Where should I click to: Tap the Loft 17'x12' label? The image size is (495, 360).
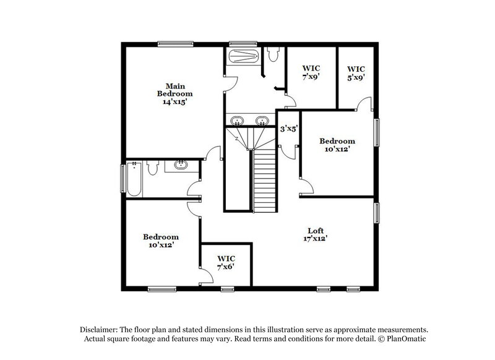click(316, 234)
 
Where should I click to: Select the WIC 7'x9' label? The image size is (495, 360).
click(311, 72)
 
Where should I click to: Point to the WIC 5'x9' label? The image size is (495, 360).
click(356, 73)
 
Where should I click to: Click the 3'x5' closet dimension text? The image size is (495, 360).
click(289, 129)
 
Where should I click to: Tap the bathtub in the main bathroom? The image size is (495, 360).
click(243, 58)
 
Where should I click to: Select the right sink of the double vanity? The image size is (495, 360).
click(262, 120)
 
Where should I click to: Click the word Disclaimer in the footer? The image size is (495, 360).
click(98, 329)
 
